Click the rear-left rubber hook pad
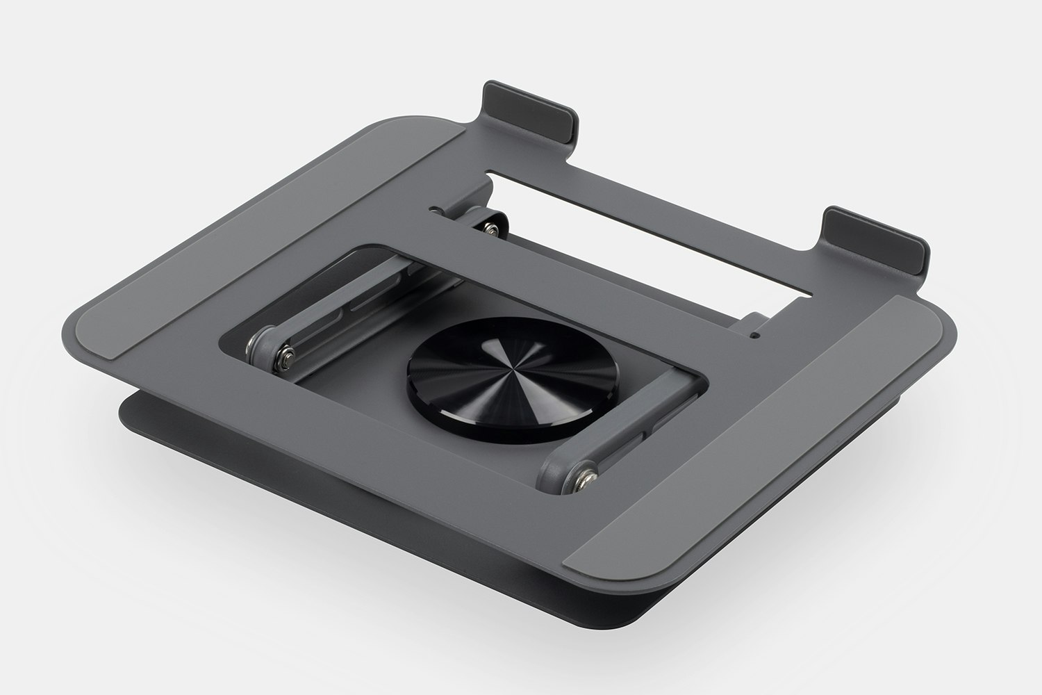(531, 111)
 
